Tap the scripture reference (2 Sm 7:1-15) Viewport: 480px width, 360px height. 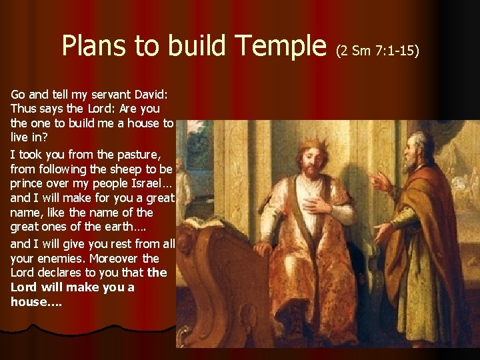[x=378, y=49]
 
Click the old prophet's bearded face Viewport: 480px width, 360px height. [x=417, y=151]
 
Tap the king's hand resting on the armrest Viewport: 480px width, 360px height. [x=263, y=248]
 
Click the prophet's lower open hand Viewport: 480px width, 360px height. [x=383, y=232]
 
